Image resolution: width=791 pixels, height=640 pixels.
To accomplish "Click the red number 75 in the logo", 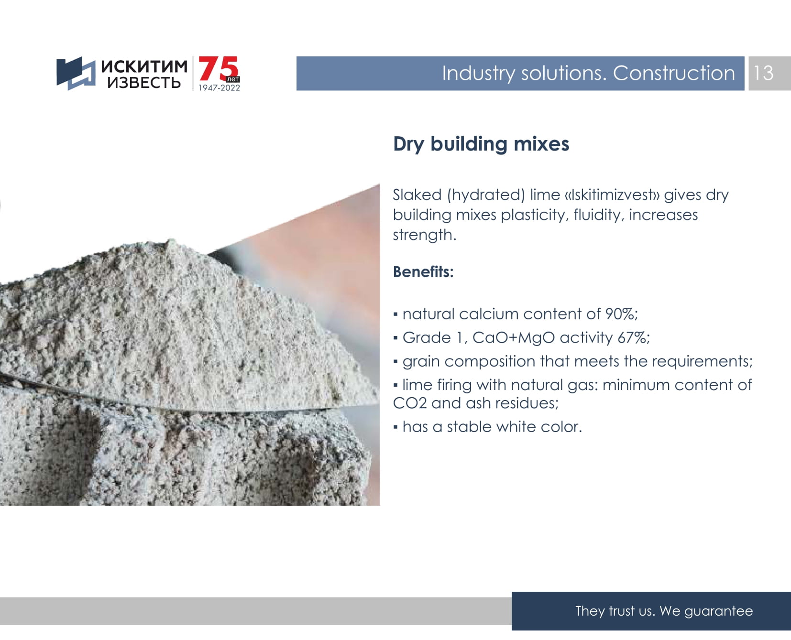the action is [x=219, y=69].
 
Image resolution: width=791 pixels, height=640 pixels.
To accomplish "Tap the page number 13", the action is [x=763, y=73].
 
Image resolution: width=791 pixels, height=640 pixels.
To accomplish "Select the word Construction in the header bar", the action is [x=674, y=73].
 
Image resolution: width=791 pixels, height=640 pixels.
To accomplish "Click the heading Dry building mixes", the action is [x=481, y=144].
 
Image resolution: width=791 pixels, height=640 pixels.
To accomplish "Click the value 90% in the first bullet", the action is [x=621, y=314].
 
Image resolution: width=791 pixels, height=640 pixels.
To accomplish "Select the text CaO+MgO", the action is [x=514, y=338].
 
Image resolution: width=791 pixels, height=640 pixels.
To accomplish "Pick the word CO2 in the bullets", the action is [x=410, y=403].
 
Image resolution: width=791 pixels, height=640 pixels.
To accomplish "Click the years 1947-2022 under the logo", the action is [x=220, y=88].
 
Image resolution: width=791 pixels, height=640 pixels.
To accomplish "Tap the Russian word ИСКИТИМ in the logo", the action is [x=144, y=66].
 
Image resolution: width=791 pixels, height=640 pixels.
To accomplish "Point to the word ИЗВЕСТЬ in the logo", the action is [x=144, y=83].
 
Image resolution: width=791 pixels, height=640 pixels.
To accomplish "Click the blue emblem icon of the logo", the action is [x=76, y=73].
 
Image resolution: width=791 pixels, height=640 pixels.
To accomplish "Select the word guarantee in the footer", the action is [x=718, y=611].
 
